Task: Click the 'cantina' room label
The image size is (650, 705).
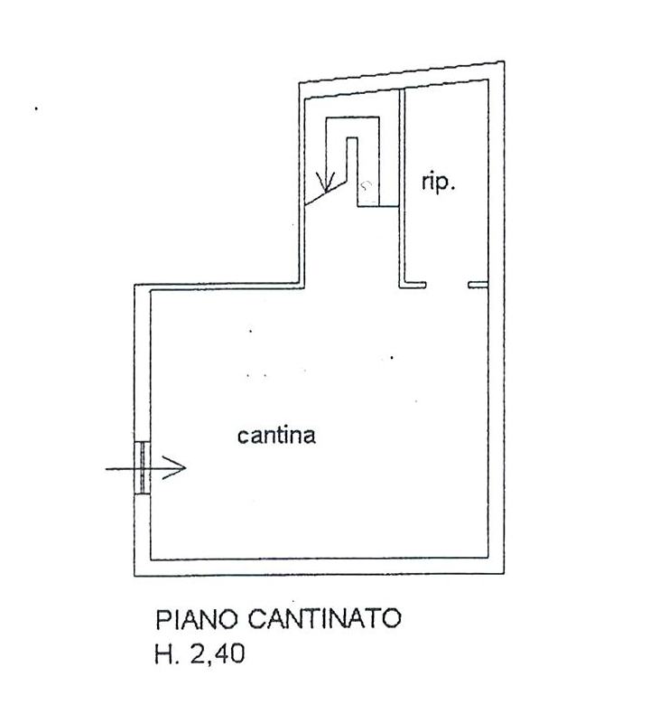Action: click(276, 436)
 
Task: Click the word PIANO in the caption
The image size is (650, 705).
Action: click(195, 620)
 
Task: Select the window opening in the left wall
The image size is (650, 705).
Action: click(143, 468)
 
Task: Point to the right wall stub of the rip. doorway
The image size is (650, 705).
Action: click(478, 286)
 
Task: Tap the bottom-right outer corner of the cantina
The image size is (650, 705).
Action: click(502, 575)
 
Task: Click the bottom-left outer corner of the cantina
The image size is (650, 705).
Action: click(135, 575)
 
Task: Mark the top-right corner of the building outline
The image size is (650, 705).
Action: click(502, 61)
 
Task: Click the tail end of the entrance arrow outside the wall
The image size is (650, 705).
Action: click(107, 468)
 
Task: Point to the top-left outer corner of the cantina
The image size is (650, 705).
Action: click(135, 286)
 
